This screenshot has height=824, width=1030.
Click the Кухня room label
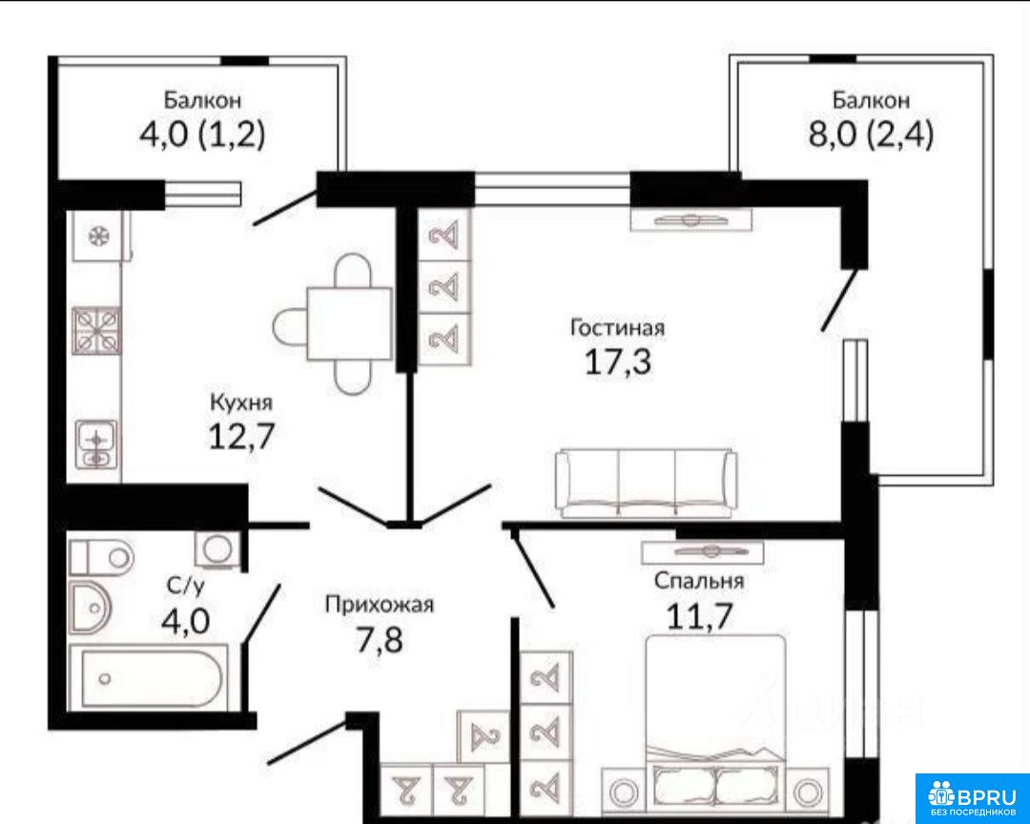point(241,402)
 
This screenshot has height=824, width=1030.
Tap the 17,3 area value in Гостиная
point(617,361)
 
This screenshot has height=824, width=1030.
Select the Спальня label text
point(699,581)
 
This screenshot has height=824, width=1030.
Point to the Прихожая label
point(379,604)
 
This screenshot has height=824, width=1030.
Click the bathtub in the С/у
point(149,677)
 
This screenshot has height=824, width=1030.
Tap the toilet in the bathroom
point(101,558)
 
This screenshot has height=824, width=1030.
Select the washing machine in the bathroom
point(216,548)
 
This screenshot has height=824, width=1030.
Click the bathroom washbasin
point(90,608)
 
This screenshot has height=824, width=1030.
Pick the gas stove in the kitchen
point(97,331)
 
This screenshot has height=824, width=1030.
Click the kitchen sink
point(97,443)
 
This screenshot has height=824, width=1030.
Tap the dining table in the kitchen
point(349,324)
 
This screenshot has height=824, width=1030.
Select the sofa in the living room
point(645,483)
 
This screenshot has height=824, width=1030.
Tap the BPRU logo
point(972,797)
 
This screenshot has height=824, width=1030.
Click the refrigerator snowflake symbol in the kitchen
point(99,236)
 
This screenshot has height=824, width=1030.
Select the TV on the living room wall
point(691,220)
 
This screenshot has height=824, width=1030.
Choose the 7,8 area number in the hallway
point(379,640)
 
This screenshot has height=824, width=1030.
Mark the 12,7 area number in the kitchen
point(241,436)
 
